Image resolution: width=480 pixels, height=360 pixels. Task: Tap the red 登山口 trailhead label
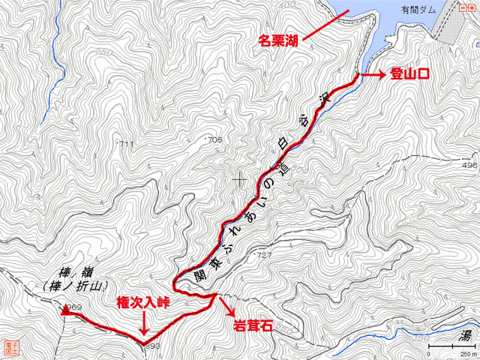pyautogui.click(x=409, y=74)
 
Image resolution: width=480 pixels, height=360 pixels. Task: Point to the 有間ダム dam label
pyautogui.click(x=418, y=10)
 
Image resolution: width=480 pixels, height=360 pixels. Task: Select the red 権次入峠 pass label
pyautogui.click(x=144, y=303)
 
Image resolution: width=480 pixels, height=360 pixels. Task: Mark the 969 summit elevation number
pyautogui.click(x=74, y=308)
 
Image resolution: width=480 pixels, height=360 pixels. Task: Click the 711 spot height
pyautogui.click(x=126, y=143)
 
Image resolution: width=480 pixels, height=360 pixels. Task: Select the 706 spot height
pyautogui.click(x=215, y=140)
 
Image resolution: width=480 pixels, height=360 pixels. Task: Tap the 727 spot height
pyautogui.click(x=263, y=256)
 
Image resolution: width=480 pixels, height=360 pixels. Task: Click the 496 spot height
pyautogui.click(x=469, y=165)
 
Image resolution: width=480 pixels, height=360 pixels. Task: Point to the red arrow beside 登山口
pyautogui.click(x=372, y=74)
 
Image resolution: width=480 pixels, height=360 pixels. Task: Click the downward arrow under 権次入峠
pyautogui.click(x=144, y=325)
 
